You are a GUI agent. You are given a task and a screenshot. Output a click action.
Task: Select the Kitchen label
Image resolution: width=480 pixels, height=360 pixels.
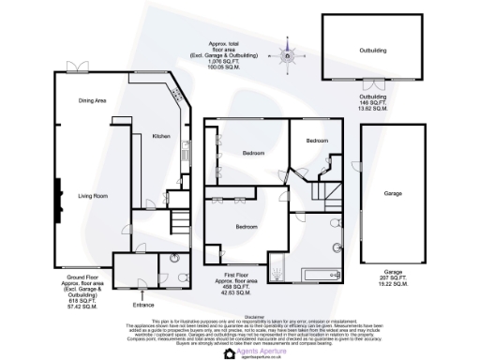coord(161,137)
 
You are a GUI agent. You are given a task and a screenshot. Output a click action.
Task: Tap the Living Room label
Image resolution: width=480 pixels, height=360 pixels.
coord(95,195)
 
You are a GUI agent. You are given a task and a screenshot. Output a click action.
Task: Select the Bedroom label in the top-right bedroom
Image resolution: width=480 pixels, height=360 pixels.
coord(317,141)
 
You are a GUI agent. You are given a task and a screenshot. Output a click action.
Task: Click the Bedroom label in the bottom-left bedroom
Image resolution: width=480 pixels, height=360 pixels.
coord(247,227)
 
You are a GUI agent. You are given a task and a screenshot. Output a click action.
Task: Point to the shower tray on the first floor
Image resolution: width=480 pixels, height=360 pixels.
coord(277,271)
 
